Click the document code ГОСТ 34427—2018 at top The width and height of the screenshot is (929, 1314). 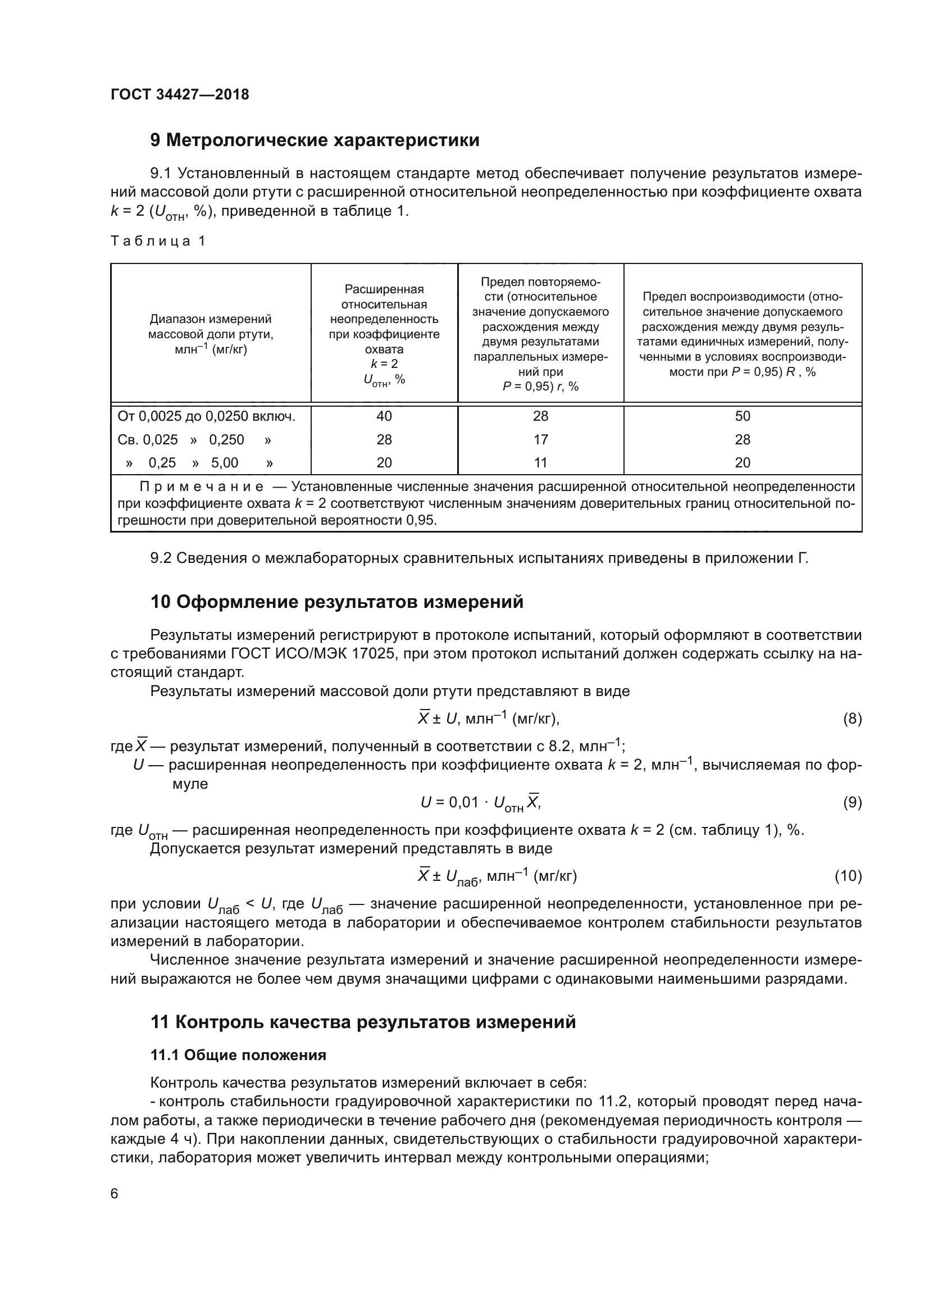(180, 95)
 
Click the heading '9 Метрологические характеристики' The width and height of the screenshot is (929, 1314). (315, 140)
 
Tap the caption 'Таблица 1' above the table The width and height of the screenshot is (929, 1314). (158, 241)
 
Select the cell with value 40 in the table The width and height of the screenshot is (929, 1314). (384, 416)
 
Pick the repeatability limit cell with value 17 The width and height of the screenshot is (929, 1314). (540, 439)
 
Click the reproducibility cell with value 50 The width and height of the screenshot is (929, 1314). (743, 416)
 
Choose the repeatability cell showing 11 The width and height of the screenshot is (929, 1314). (540, 462)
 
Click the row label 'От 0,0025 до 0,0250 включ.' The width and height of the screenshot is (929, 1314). (207, 416)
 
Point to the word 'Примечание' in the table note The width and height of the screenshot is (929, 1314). (202, 487)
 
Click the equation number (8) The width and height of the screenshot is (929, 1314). (853, 719)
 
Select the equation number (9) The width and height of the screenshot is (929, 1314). (853, 803)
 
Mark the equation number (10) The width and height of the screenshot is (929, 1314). (848, 876)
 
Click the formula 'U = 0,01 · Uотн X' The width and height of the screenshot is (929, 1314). (481, 803)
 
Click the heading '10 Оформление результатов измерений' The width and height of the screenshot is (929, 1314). (337, 602)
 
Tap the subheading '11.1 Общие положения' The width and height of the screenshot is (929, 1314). (238, 1056)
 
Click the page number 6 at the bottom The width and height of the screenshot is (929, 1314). (115, 1194)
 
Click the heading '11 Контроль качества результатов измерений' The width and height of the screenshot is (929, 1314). (363, 1021)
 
